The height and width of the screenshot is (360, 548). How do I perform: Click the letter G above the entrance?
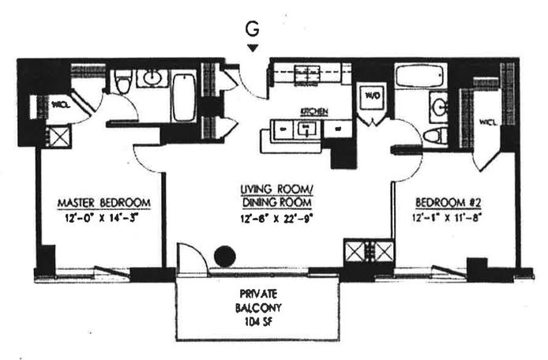[253, 28]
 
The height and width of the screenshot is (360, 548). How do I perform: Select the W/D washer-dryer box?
[370, 95]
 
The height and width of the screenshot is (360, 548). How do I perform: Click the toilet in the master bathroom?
[123, 83]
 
